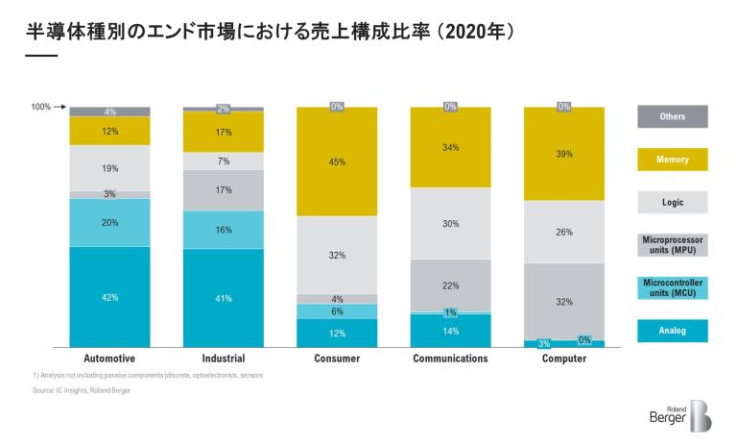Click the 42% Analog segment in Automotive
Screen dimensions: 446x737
109,297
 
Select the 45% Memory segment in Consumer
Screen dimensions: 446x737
337,161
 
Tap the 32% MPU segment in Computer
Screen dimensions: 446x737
563,301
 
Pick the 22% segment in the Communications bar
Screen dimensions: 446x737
450,285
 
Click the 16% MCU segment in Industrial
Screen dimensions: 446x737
223,230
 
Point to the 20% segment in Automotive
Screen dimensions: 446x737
109,222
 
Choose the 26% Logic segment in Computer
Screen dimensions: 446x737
563,232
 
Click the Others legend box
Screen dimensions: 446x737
672,116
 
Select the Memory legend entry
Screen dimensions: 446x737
672,160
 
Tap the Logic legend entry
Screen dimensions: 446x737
672,202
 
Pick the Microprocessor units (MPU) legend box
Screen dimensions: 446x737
672,245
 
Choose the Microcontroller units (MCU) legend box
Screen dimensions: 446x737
672,288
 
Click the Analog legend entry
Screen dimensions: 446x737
672,331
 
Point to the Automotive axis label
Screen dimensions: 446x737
109,359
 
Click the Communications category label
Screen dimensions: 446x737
450,359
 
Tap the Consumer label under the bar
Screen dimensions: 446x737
337,359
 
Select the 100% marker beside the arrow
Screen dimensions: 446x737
40,107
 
